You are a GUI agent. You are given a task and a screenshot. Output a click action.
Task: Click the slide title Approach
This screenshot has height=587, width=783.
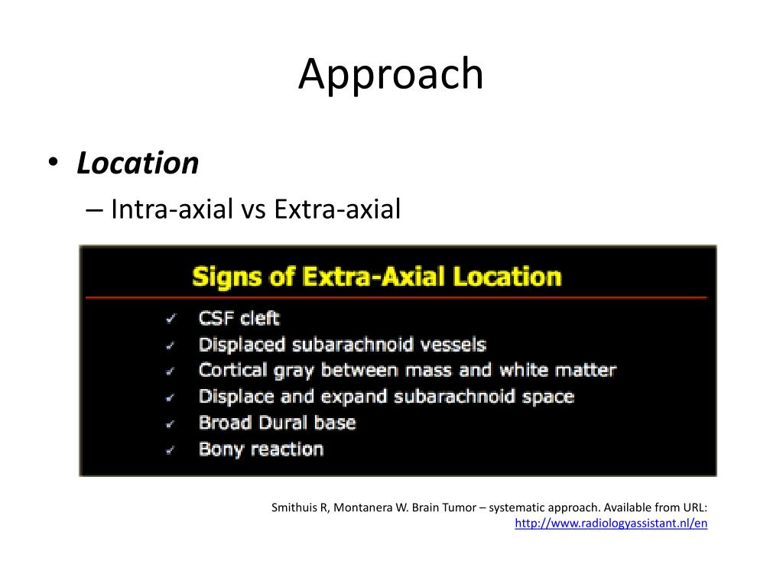(391, 75)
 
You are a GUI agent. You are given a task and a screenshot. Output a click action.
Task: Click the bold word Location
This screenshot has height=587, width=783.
(138, 163)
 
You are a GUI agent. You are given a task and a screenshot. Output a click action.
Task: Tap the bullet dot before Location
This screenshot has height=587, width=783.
(52, 163)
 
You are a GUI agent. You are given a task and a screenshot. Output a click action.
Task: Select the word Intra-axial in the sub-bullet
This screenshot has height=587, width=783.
(171, 209)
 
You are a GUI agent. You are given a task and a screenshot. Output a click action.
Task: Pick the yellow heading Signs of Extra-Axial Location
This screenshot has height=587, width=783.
(376, 276)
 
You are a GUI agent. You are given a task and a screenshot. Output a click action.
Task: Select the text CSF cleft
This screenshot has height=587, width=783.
(239, 319)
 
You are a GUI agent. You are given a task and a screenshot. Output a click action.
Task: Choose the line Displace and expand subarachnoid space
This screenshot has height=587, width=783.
(386, 397)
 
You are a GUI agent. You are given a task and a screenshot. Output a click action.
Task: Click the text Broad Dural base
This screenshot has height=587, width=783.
(277, 423)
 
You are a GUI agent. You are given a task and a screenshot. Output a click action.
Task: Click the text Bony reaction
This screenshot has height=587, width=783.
(261, 449)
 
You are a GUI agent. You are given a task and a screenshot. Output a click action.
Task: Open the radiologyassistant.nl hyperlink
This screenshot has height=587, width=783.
(611, 524)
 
